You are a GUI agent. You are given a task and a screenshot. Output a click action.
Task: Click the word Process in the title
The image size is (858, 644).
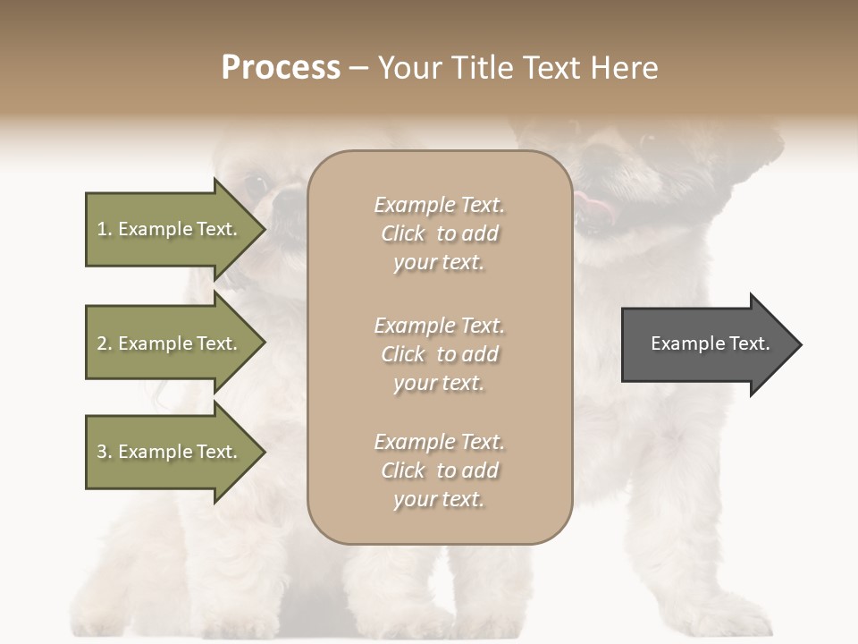click(x=281, y=68)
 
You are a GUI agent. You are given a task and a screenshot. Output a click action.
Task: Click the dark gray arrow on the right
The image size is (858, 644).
click(x=706, y=344)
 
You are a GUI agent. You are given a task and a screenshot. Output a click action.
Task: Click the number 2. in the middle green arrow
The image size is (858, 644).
click(x=105, y=343)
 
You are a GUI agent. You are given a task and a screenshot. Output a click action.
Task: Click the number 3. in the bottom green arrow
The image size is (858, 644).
click(x=105, y=452)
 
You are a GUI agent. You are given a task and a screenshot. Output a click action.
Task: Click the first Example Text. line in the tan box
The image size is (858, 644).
click(x=439, y=205)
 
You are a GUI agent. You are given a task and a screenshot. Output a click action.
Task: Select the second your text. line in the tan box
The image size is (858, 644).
click(x=439, y=383)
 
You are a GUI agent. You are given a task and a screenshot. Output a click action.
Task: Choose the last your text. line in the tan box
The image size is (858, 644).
click(x=439, y=499)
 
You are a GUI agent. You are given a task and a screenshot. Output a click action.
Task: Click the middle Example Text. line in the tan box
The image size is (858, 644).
click(x=439, y=326)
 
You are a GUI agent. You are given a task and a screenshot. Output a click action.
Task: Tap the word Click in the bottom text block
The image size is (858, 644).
click(x=402, y=470)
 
